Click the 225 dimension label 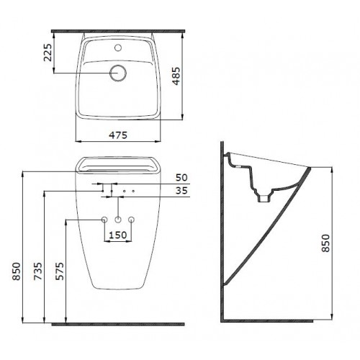coord(48,53)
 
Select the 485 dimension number coord(176,76)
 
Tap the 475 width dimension coord(118,135)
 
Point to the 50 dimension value coord(181,178)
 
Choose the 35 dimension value coord(181,191)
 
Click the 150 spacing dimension coord(118,235)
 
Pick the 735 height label coord(38,271)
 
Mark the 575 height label coord(60,271)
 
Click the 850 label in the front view coord(17,271)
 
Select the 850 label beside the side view coord(325,243)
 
